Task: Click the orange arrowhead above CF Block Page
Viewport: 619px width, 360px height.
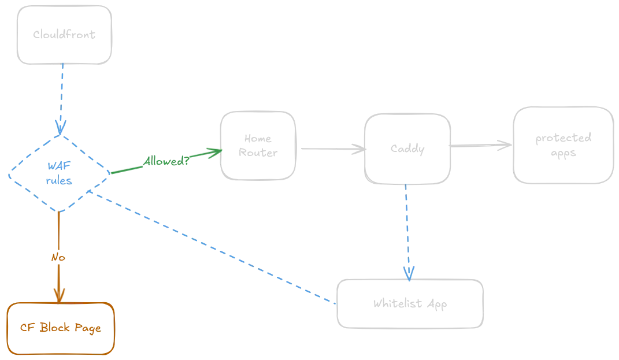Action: (x=58, y=292)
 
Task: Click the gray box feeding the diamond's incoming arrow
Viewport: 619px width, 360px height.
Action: (x=64, y=35)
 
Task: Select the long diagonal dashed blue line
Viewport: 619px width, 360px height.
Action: (x=214, y=248)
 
